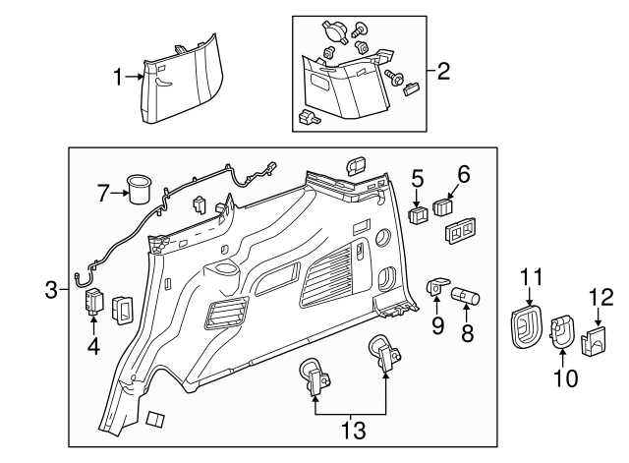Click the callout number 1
click(x=120, y=77)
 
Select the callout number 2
click(x=443, y=71)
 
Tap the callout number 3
click(x=50, y=289)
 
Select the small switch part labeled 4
click(x=96, y=301)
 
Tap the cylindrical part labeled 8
click(x=464, y=295)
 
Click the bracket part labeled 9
click(x=437, y=288)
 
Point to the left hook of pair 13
click(x=315, y=377)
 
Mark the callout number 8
click(x=468, y=333)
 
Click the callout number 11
click(x=531, y=278)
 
